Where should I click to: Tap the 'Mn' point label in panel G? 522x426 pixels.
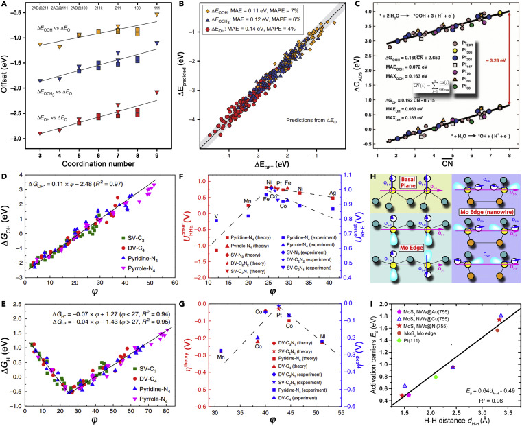[x=221, y=356]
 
